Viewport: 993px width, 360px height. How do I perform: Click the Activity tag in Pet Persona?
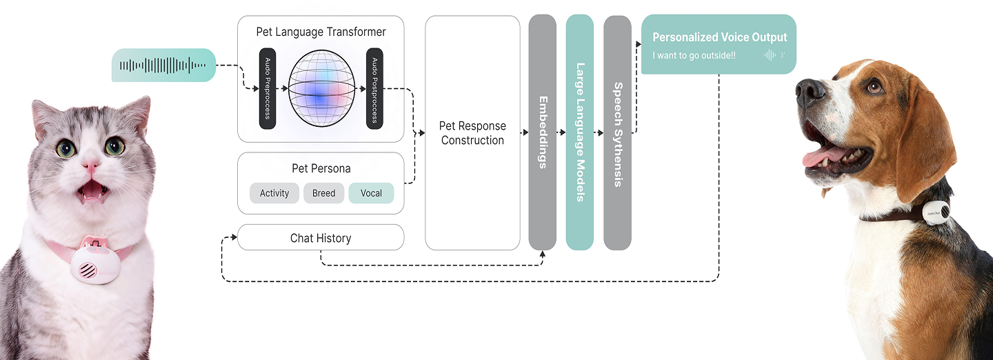274,193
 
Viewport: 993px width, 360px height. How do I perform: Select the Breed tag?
323,193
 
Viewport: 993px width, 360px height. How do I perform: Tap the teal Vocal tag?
371,193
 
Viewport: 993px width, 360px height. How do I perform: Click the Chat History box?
321,238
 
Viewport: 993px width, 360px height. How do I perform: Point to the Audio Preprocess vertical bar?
268,88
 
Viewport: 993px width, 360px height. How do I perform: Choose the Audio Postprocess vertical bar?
374,88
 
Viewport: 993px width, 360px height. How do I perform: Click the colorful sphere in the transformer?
321,88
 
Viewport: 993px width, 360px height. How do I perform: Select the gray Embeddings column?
542,132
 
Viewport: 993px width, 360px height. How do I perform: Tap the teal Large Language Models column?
579,132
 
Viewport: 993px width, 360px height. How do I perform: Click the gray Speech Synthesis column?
617,132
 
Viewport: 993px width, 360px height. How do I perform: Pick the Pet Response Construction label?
472,133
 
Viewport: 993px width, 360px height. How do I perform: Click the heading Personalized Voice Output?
719,37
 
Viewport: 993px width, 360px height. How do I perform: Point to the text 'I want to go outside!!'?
694,55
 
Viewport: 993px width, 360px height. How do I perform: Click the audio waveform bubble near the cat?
163,66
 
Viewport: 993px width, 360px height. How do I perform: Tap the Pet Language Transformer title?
321,32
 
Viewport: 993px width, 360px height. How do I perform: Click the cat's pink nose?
90,166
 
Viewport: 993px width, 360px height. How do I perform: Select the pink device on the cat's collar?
93,260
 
